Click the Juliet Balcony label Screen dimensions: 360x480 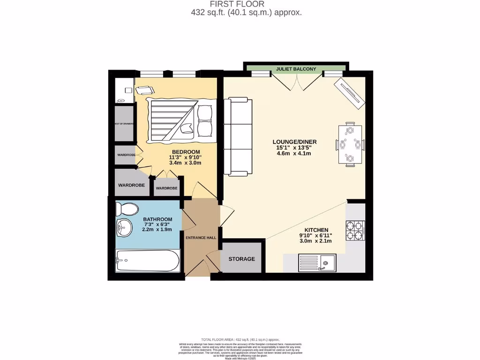coord(296,69)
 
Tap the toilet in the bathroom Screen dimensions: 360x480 coord(127,208)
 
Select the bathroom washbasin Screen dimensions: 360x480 coord(123,228)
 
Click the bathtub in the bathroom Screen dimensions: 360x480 coord(147,260)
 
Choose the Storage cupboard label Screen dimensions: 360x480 coord(241,259)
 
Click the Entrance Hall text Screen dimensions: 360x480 coord(201,238)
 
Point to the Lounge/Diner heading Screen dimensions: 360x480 coord(295,142)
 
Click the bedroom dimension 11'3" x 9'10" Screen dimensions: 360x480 coord(186,157)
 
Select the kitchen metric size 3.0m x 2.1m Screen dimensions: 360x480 coord(315,241)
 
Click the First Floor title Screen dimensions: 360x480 coord(246,4)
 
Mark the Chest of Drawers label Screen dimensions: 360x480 coord(124,124)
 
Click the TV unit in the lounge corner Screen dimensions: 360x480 coord(349,92)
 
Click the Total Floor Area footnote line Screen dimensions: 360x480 coord(240,339)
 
